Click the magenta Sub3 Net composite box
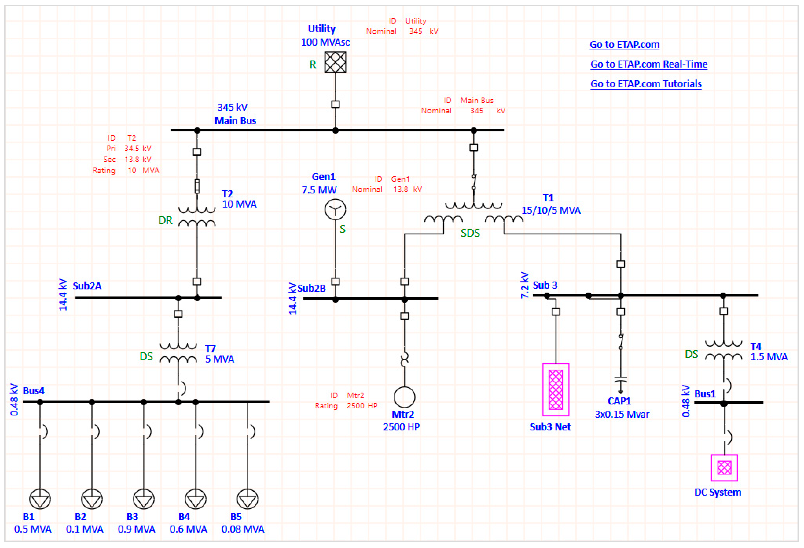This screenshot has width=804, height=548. pyautogui.click(x=556, y=389)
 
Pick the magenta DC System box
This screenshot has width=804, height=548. pyautogui.click(x=724, y=468)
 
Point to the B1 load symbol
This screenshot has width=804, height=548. pyautogui.click(x=40, y=499)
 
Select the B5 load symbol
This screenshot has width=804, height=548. pyautogui.click(x=247, y=499)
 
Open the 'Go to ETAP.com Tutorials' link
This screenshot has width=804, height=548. pyautogui.click(x=646, y=84)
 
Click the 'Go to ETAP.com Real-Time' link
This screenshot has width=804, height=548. pyautogui.click(x=649, y=64)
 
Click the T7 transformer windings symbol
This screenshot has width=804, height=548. pyautogui.click(x=178, y=353)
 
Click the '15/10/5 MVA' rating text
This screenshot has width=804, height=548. pyautogui.click(x=551, y=210)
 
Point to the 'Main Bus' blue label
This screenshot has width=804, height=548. pyautogui.click(x=235, y=121)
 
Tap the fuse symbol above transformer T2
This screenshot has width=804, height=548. pyautogui.click(x=197, y=186)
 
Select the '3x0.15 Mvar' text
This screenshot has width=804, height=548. pyautogui.click(x=622, y=414)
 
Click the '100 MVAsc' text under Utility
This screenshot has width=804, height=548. pyautogui.click(x=325, y=42)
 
